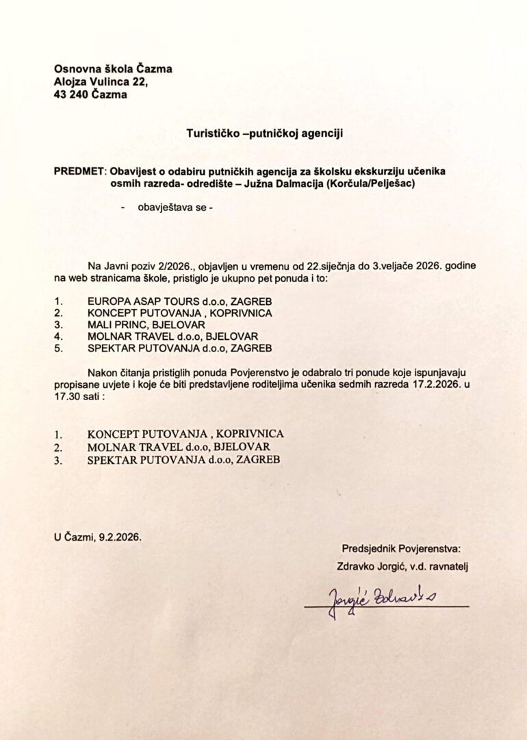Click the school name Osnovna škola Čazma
[113, 69]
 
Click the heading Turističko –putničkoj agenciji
[264, 134]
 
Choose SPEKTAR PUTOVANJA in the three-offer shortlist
[146, 460]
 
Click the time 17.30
[66, 397]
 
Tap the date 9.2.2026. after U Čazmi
[121, 539]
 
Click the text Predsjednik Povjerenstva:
[402, 548]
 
